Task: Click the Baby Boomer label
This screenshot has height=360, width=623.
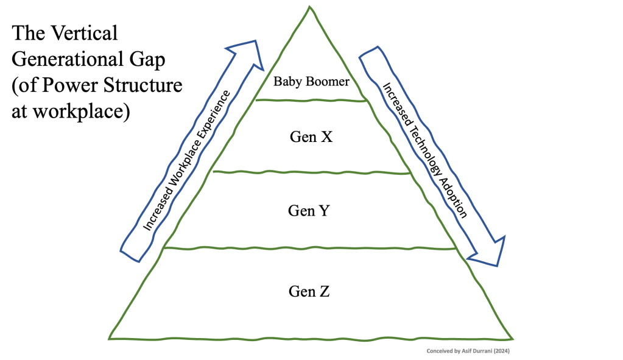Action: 311,81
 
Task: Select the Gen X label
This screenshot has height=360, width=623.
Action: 311,137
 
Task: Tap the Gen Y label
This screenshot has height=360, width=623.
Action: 309,211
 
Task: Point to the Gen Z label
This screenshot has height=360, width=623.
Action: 309,291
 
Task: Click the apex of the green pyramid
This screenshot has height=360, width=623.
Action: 309,7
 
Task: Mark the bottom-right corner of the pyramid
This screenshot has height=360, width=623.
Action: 513,338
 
